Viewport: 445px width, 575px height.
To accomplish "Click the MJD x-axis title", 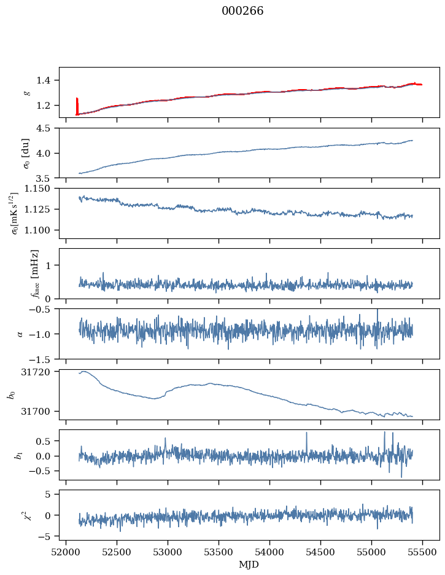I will tap(249, 565).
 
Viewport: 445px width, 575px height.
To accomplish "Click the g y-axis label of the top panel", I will tap(26, 93).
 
